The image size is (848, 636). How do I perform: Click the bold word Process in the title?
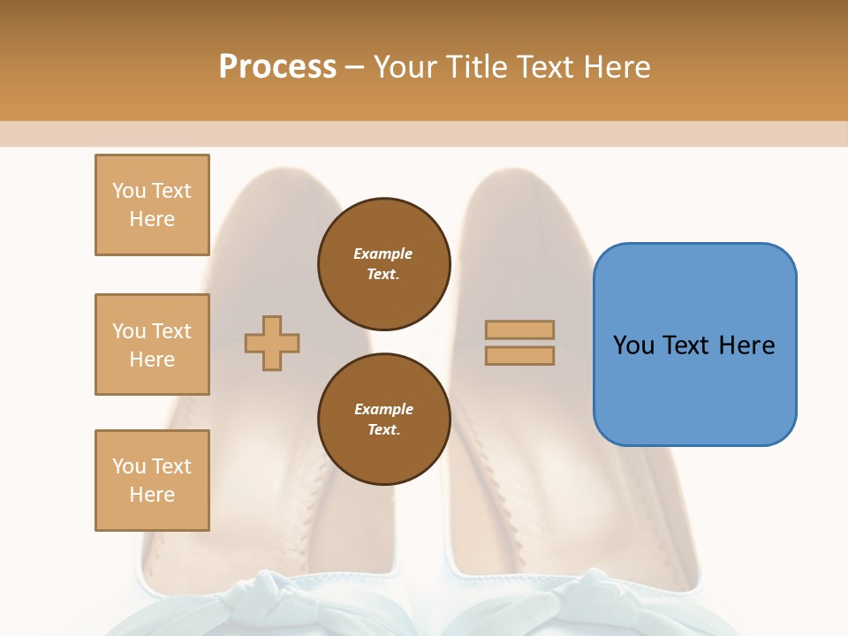point(277,67)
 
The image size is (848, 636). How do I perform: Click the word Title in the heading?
point(476,67)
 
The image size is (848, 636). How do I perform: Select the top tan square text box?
point(152,205)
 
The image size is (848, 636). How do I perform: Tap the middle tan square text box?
point(152,344)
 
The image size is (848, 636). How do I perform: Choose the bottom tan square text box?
point(152,481)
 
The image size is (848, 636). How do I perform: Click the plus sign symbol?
point(272,343)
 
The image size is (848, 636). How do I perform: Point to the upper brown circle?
point(384,263)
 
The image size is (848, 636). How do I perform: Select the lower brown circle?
point(384,420)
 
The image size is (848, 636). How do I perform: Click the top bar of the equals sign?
point(519,329)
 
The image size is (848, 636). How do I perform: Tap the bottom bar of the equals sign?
point(519,356)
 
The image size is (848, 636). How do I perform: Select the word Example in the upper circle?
point(383,254)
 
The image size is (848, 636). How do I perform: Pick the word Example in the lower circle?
point(383,409)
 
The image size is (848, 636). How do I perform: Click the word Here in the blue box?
point(747,345)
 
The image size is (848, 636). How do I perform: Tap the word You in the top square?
point(128,191)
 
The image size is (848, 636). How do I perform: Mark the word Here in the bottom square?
point(152,495)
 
